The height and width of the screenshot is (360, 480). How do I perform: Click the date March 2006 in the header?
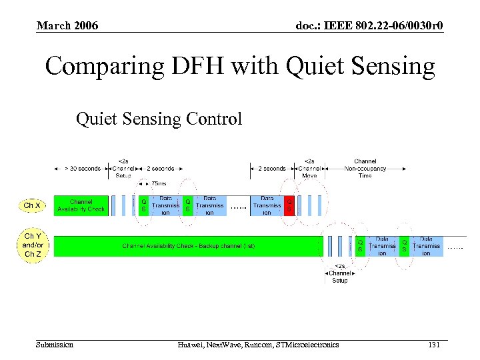67,25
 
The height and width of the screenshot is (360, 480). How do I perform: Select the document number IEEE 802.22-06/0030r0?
369,25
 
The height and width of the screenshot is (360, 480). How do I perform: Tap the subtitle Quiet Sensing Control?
159,119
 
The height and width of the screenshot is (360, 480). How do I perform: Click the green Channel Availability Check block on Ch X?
81,205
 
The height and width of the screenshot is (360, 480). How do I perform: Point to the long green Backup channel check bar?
188,246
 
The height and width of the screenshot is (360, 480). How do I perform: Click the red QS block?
289,205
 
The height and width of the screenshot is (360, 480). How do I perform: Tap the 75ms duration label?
159,183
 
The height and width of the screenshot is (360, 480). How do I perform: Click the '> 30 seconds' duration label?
82,169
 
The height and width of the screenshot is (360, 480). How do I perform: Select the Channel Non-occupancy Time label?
365,168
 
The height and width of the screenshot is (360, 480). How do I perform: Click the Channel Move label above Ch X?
309,168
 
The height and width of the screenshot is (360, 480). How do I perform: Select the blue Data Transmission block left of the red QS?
267,205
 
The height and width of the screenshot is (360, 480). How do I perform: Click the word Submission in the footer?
55,345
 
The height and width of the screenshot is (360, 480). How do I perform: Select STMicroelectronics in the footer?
307,345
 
